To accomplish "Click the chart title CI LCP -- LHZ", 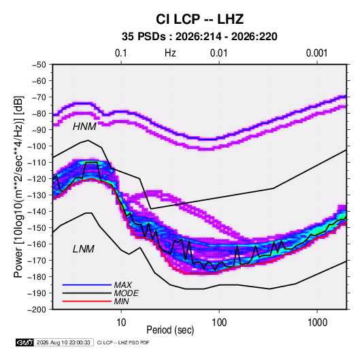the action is [199, 19].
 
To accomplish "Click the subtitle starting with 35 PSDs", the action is [199, 37].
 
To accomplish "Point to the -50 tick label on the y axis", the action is [39, 65].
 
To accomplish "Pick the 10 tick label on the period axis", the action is [121, 323].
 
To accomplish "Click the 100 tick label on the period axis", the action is [219, 323].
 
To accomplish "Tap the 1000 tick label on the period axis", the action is [317, 323].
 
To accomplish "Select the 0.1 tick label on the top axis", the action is [121, 53].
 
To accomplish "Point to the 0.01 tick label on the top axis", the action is [218, 53].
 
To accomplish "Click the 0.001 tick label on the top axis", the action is [316, 53].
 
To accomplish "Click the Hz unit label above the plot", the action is [170, 53].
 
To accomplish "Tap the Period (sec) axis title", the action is [170, 330].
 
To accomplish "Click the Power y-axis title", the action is [18, 186].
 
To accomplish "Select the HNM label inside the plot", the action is [84, 127].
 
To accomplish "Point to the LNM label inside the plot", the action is [84, 249].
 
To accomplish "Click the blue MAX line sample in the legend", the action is [87, 284].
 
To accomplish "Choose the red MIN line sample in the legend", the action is [87, 301].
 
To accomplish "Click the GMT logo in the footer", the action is [25, 342].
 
